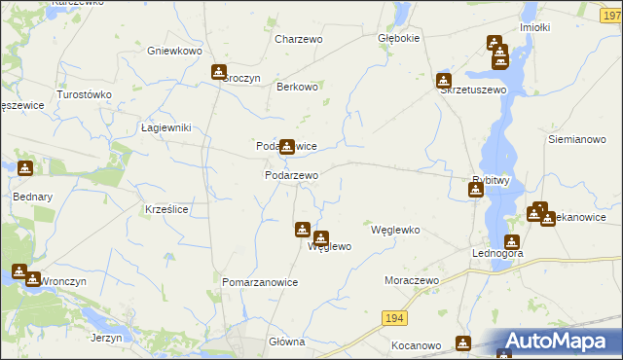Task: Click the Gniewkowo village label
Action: (173, 50)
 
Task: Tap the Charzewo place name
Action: (298, 39)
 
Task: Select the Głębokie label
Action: (398, 39)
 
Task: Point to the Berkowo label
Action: (298, 87)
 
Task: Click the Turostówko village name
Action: (85, 94)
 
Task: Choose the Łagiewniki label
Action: (165, 127)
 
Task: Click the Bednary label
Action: (24, 196)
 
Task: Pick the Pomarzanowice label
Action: (260, 282)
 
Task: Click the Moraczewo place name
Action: (412, 279)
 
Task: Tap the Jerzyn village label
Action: (106, 338)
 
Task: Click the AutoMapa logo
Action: (560, 342)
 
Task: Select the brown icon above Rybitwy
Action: (475, 190)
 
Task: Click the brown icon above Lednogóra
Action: (511, 242)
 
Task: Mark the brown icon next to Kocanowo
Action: (463, 342)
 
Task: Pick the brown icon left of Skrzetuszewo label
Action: (444, 80)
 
